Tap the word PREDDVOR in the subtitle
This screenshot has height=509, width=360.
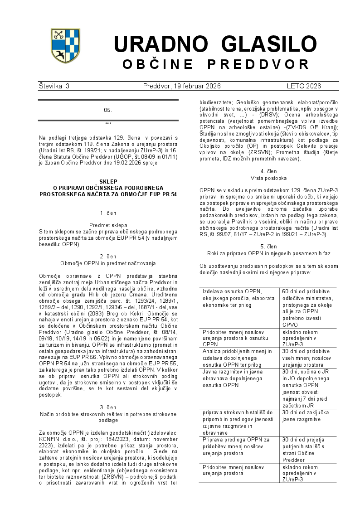pyautogui.click(x=258, y=64)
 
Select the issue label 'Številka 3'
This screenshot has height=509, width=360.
pyautogui.click(x=54, y=86)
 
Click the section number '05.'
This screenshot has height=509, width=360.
pyautogui.click(x=108, y=110)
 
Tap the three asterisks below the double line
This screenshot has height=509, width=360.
pyautogui.click(x=108, y=124)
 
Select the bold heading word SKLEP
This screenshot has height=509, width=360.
pyautogui.click(x=108, y=181)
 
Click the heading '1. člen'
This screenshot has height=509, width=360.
pyautogui.click(x=108, y=213)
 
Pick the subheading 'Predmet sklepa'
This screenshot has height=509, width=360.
pyautogui.click(x=108, y=225)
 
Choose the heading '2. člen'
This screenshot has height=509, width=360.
pyautogui.click(x=108, y=256)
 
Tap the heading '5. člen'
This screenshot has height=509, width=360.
pyautogui.click(x=268, y=247)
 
